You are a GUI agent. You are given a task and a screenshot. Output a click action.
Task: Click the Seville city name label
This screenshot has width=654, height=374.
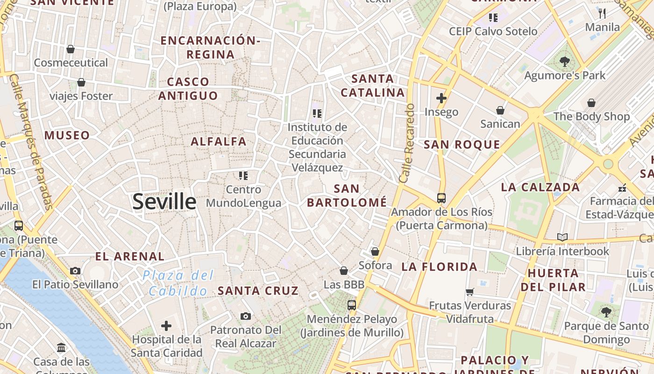coord(164,201)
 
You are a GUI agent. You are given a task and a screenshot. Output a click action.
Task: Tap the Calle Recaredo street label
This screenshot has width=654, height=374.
coord(407,143)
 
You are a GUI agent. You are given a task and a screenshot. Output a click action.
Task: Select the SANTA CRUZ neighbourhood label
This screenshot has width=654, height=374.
coord(258,290)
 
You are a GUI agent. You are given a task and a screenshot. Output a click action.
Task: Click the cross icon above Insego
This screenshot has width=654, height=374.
coord(441,98)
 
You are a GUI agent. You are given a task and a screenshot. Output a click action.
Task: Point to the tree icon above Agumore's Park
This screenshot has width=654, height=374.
coord(565,61)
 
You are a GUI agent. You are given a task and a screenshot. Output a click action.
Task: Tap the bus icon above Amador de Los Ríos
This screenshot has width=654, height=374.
coord(441,198)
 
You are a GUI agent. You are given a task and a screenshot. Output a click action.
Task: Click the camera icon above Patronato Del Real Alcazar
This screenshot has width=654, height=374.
coord(246,316)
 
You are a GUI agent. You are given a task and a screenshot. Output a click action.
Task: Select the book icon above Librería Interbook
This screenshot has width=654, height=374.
coord(562,237)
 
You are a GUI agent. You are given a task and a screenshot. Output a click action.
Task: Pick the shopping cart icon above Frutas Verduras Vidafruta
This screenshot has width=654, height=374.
coord(469,292)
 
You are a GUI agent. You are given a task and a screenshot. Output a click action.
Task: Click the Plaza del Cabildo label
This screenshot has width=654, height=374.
coord(178,283)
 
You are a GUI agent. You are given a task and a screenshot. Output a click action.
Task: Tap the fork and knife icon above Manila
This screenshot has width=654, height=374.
coord(602,13)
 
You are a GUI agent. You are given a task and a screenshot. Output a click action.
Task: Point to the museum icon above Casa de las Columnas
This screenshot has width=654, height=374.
coord(61,347)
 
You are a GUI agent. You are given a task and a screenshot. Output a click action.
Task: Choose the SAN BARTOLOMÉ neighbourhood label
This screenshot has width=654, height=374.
coord(347,195)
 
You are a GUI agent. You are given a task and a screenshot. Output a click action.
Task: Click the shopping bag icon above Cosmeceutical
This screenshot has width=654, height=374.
coord(71,49)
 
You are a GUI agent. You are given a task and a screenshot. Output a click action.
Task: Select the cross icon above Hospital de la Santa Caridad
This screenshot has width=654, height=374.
coord(166,326)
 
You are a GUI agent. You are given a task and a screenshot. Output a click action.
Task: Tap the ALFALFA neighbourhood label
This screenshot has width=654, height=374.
coord(218,141)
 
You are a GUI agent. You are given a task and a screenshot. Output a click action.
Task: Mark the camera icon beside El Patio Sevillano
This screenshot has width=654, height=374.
coord(75,271)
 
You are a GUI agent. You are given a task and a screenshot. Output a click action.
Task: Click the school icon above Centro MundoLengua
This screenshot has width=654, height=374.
coord(243,176)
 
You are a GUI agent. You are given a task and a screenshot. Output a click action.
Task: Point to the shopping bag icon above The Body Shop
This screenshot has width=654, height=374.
coord(591,102)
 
